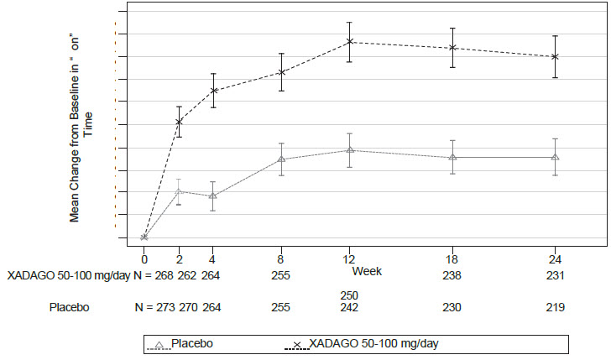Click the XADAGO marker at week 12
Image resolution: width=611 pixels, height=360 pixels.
[350, 42]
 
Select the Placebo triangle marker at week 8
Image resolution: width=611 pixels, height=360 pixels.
[282, 159]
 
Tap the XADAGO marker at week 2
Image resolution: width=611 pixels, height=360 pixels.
[179, 122]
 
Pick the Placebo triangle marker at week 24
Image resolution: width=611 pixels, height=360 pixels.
[555, 157]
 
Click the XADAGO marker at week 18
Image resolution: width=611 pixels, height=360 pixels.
[452, 48]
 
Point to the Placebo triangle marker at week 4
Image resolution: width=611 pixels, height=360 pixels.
[213, 196]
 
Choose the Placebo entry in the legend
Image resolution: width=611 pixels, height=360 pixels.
[190, 342]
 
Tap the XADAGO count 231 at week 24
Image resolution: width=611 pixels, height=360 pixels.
[555, 275]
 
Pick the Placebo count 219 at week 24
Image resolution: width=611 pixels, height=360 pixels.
[555, 307]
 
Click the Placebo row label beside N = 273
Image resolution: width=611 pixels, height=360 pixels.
[68, 307]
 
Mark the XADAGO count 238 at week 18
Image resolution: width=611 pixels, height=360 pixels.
[452, 275]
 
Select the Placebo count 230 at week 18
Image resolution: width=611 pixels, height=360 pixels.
[452, 307]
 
